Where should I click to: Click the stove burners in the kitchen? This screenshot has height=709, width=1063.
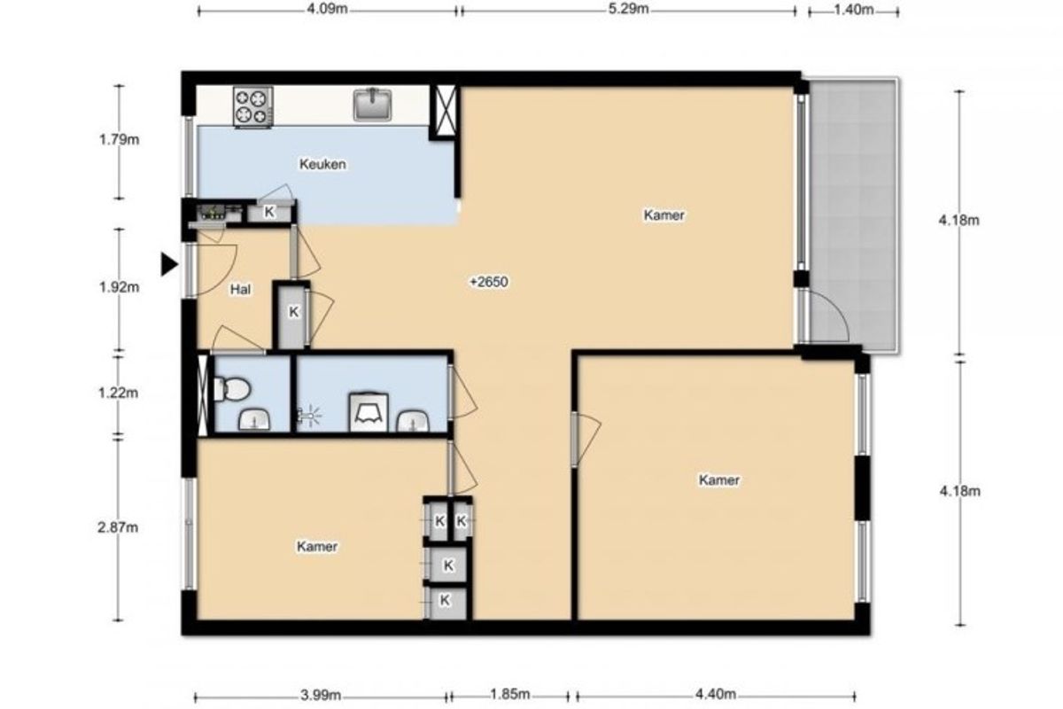[253, 106]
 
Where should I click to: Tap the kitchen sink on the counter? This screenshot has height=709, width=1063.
[373, 104]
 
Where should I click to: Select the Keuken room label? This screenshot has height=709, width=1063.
[322, 164]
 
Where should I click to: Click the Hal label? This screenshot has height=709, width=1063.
[240, 289]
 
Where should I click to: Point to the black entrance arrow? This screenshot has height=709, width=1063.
[169, 264]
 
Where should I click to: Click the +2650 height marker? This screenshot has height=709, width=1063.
[489, 282]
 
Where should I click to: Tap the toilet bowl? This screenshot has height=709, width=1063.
[232, 388]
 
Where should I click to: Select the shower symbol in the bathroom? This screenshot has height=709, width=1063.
[309, 416]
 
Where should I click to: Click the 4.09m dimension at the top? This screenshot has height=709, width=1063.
[328, 10]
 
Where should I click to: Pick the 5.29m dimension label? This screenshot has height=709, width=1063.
[628, 10]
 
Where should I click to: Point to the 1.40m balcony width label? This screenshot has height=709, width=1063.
[854, 10]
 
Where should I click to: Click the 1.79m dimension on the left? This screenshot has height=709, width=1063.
[119, 140]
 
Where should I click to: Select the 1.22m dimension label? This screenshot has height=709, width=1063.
[118, 393]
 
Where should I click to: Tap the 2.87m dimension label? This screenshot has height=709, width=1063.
[118, 527]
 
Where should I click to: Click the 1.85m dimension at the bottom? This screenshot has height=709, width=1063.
[509, 694]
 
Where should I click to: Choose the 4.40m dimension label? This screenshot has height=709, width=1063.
[716, 694]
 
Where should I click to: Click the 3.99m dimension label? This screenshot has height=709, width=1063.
[321, 695]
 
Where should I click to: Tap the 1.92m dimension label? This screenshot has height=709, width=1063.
[119, 287]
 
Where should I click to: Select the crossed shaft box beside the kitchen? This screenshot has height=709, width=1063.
[445, 112]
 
